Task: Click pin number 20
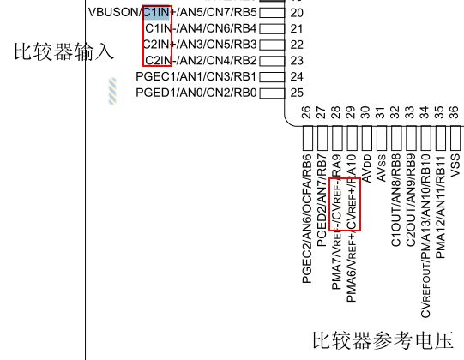[297, 13]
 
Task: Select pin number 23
[297, 61]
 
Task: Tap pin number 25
[297, 93]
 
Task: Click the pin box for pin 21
[272, 28]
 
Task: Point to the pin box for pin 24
[272, 76]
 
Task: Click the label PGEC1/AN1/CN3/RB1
[196, 76]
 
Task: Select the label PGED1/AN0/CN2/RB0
[196, 93]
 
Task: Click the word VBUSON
[113, 12]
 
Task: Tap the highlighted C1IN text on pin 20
[157, 12]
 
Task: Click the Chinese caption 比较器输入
[64, 51]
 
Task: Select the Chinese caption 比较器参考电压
[383, 340]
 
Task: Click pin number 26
[307, 112]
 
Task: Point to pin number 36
[455, 112]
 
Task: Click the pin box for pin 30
[367, 138]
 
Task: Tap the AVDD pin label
[367, 168]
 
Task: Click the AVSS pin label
[382, 168]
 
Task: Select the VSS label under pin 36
[455, 165]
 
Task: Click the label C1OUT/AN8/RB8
[396, 201]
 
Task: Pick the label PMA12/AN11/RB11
[441, 207]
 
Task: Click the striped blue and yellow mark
[112, 91]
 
